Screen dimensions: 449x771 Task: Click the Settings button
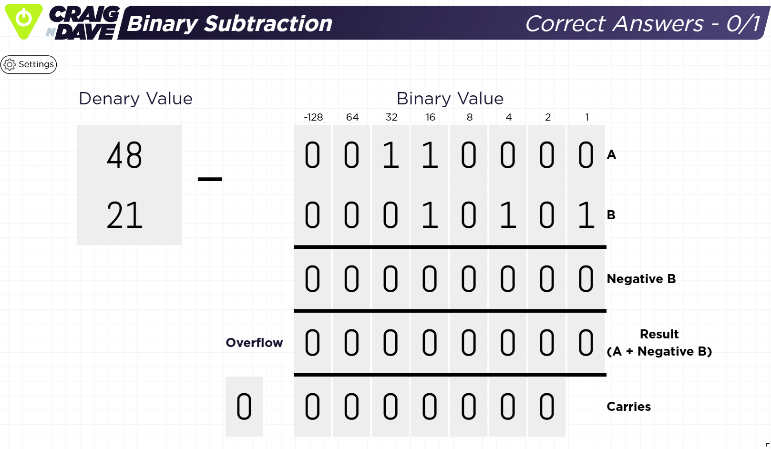[29, 64]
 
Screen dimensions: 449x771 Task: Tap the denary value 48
[124, 155]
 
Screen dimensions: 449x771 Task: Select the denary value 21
[124, 215]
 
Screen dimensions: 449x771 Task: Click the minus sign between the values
[210, 179]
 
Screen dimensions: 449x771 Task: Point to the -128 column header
[313, 117]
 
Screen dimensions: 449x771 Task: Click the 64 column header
[352, 117]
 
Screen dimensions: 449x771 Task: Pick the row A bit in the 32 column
[391, 155]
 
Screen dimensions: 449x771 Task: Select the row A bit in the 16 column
[430, 155]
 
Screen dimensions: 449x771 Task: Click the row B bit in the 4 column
[508, 215]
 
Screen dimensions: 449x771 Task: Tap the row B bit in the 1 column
[586, 215]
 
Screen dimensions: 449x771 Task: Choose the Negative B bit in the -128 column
[312, 279]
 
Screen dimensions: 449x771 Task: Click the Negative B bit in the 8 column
[469, 279]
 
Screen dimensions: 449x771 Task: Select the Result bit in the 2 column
[547, 343]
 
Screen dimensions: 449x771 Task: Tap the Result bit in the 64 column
[351, 343]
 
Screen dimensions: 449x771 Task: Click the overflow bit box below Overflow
[244, 407]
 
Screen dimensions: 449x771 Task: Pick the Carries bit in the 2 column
[547, 407]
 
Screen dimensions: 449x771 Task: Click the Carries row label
[628, 407]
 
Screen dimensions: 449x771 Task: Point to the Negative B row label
[641, 279]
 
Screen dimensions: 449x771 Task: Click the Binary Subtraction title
[229, 23]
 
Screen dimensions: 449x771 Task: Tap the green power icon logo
[23, 20]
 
